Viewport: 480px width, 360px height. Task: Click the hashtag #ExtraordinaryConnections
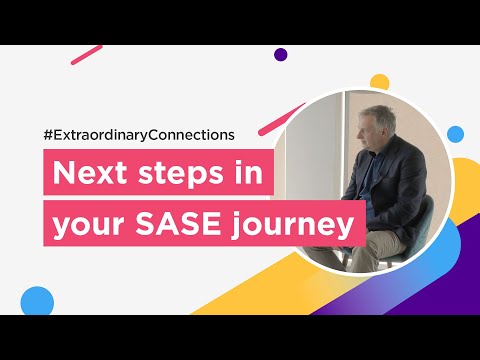(138, 134)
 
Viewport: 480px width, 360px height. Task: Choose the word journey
(302, 226)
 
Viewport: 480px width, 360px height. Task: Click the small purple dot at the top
(280, 55)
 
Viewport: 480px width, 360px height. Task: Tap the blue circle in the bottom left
(37, 301)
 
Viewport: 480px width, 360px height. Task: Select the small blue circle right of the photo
(455, 133)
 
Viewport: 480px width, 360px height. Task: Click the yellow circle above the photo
(379, 80)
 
